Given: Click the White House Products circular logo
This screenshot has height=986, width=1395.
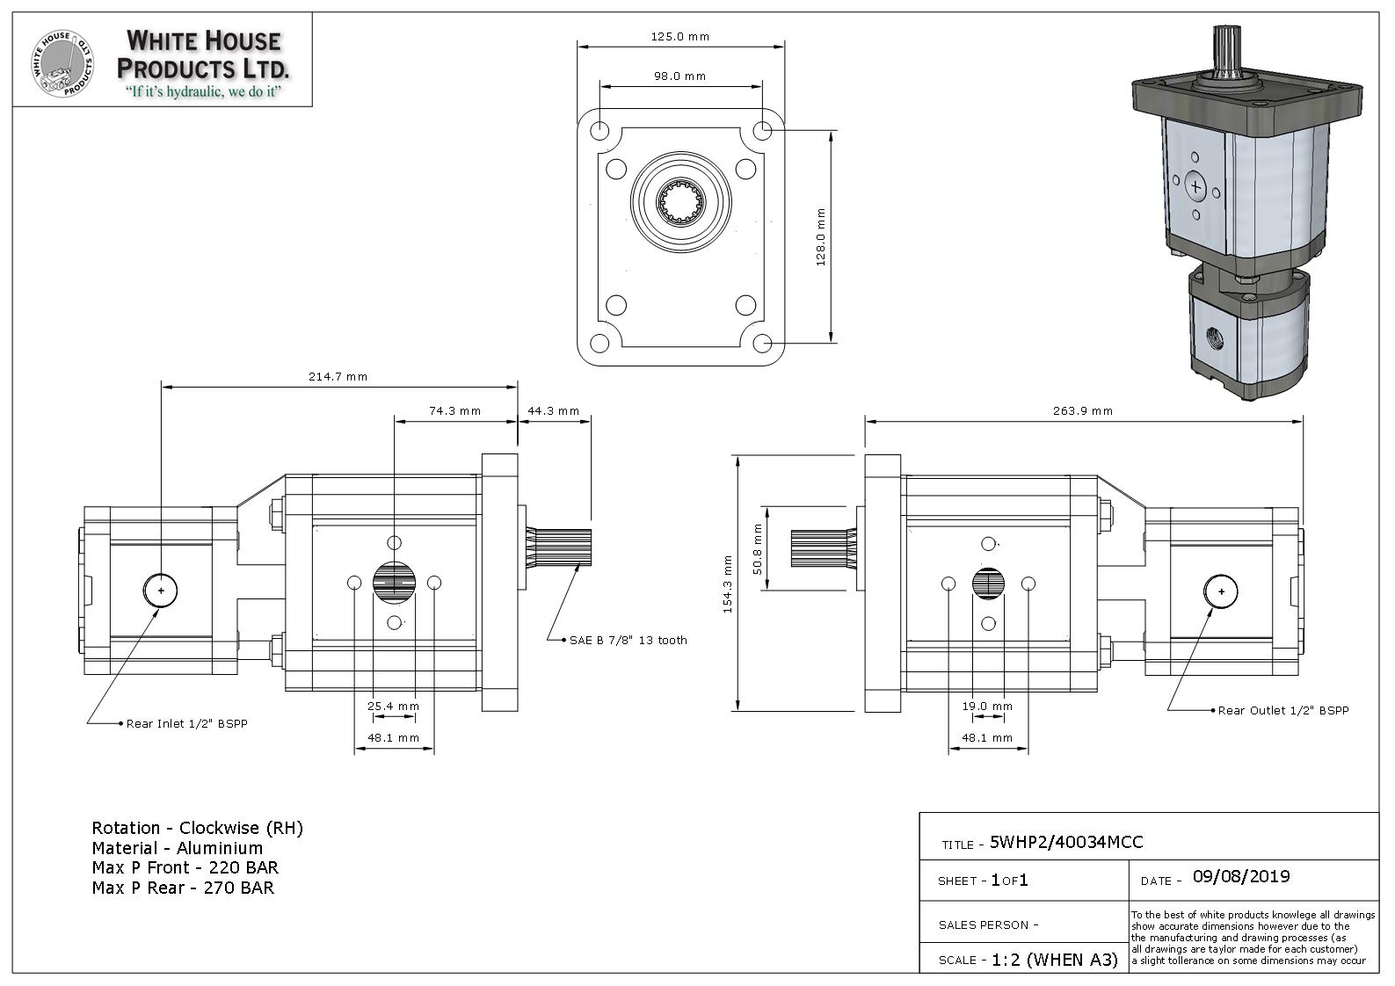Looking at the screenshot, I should [62, 62].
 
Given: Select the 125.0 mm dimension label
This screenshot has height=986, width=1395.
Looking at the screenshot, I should [680, 37].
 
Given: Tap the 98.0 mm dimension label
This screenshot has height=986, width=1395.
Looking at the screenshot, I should [680, 76].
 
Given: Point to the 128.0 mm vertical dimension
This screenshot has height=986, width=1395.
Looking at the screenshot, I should [821, 237].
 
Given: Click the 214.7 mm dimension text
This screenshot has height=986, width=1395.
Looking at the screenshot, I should [338, 377].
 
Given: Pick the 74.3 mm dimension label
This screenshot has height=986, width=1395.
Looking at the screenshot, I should [454, 411].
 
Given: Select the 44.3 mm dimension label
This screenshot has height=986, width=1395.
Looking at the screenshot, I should [553, 411].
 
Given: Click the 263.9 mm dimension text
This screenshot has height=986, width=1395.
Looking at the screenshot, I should [1083, 411].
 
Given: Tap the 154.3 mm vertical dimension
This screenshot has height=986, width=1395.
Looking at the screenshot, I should [728, 584].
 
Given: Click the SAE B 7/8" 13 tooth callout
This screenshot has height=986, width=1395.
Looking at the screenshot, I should [628, 641].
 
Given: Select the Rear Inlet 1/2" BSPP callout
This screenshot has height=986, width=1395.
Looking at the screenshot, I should [193, 724].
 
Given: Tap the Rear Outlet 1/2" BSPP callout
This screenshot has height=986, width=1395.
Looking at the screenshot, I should [1282, 710].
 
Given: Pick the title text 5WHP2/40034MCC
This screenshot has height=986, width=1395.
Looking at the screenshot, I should [1066, 842].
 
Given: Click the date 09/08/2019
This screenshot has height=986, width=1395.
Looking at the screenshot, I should [1241, 876].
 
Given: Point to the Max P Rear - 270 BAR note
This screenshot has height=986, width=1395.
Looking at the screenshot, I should [183, 888].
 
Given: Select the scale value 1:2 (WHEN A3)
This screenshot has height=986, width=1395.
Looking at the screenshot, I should [1054, 960].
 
